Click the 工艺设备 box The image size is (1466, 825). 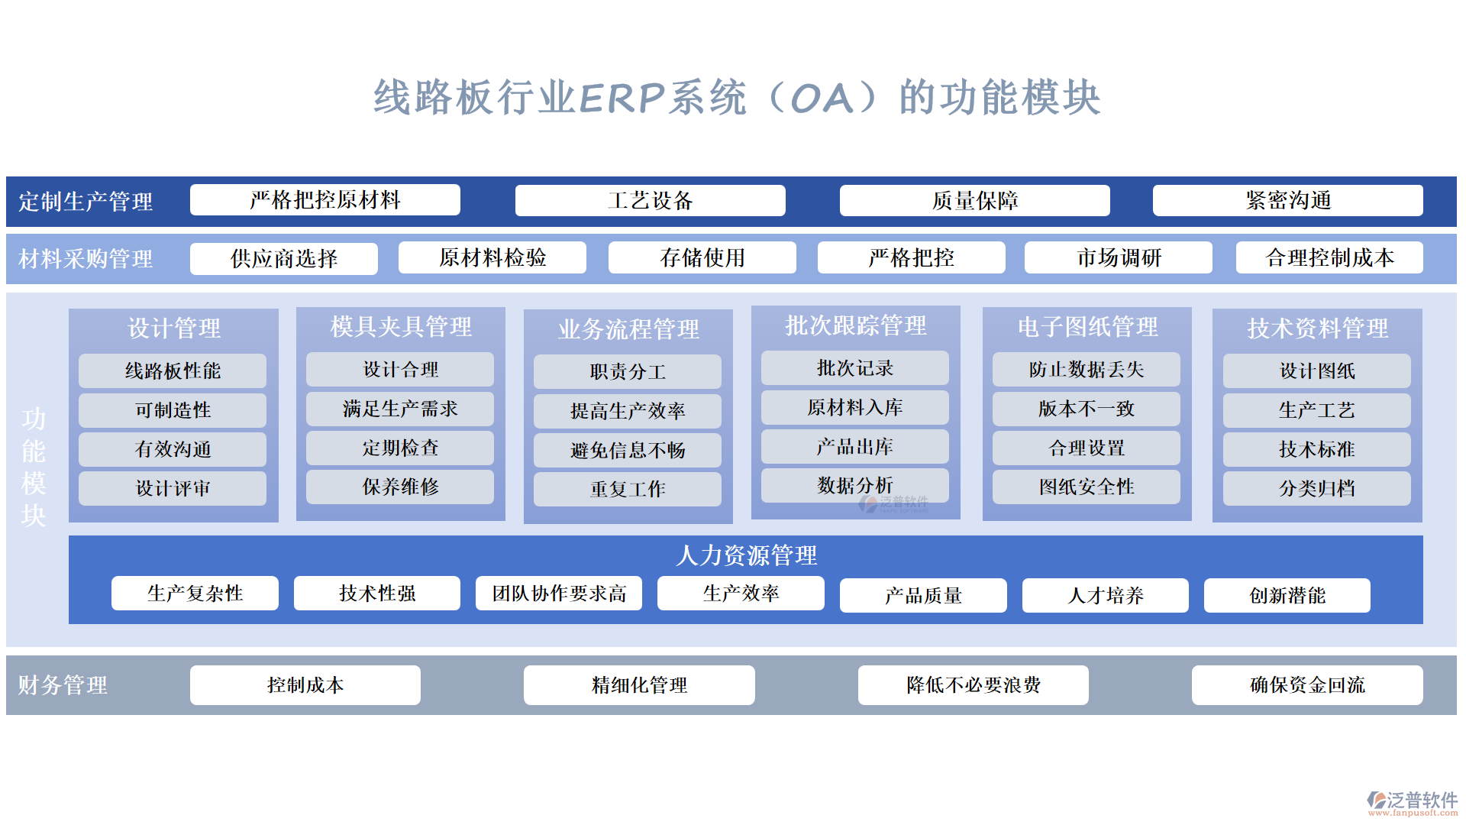pos(650,200)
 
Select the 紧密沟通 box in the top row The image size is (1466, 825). pos(1287,200)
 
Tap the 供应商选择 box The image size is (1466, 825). pos(283,258)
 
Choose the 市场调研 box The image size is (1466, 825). pos(1118,257)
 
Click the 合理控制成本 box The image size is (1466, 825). pos(1329,257)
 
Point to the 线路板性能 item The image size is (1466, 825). pos(173,370)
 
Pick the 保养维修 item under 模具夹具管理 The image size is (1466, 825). pos(399,487)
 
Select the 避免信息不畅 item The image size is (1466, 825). pos(627,450)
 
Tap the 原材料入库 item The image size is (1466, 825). pos(854,407)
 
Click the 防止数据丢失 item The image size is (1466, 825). pos(1086,369)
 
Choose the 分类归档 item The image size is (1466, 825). pos(1316,488)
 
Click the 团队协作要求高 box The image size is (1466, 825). pos(558,593)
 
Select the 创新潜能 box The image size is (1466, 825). pos(1287,595)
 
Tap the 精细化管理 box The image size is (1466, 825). pos(639,684)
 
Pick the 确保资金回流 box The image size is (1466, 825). pos(1306,684)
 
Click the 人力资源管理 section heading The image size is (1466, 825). pos(746,555)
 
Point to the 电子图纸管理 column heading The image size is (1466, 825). pos(1087,327)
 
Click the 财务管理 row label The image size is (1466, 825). pos(63,685)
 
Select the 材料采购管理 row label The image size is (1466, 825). pos(86,259)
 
